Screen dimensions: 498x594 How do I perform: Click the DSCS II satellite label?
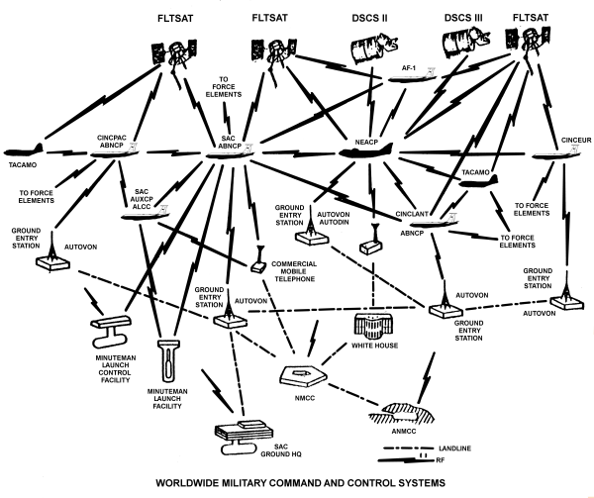pos(369,17)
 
